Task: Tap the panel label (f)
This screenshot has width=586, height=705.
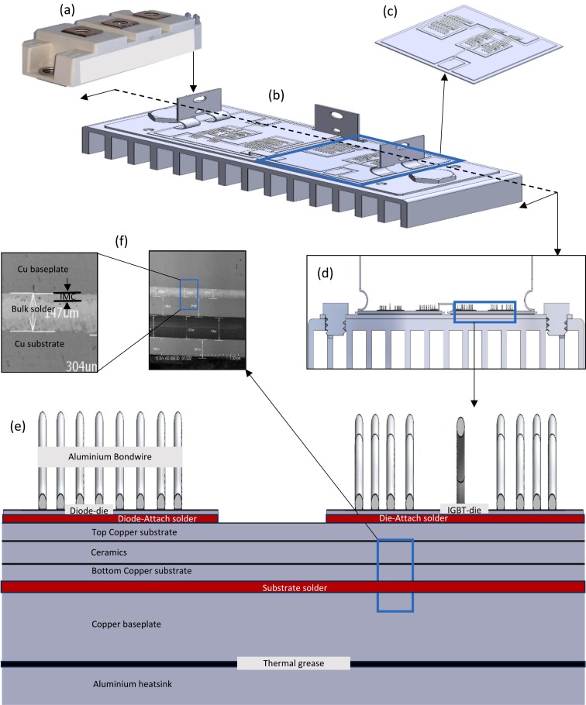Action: point(122,239)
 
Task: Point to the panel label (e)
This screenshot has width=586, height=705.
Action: point(20,427)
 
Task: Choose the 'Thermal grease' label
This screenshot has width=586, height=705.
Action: point(294,664)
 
